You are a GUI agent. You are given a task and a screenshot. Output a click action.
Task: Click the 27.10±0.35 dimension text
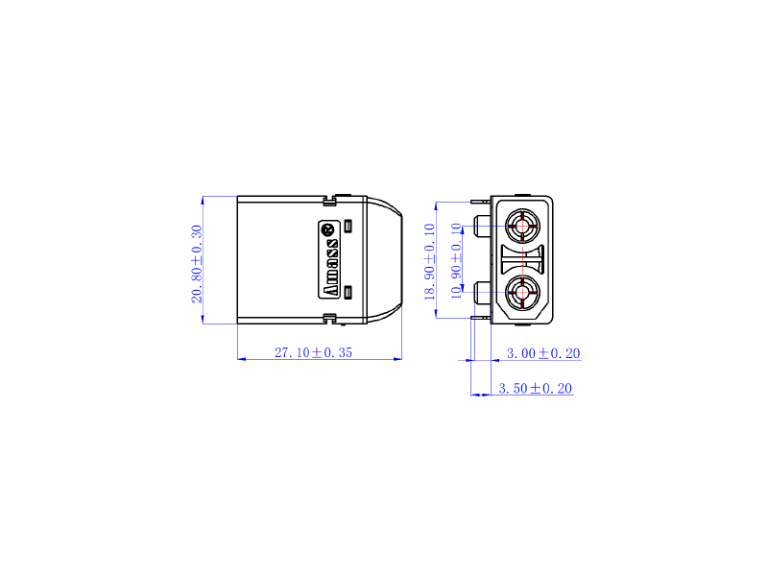(x=313, y=352)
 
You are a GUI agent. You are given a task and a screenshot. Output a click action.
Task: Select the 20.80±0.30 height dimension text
(x=197, y=264)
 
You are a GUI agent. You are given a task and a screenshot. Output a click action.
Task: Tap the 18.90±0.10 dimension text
(x=429, y=261)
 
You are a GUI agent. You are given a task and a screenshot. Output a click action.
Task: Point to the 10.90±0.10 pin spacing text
(x=456, y=261)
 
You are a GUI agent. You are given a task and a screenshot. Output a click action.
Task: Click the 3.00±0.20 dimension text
(x=543, y=353)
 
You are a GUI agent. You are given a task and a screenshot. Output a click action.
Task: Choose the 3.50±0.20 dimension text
(x=536, y=389)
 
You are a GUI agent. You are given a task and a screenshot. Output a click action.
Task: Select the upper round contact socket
(x=523, y=226)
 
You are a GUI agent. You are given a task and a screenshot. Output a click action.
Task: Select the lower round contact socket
(x=523, y=293)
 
